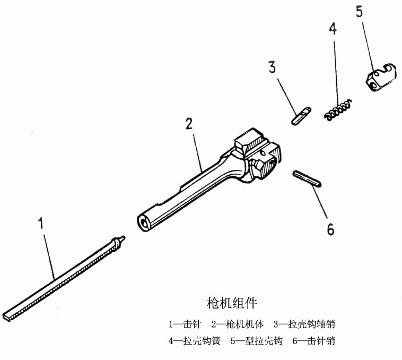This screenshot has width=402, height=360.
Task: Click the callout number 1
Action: coord(40,222)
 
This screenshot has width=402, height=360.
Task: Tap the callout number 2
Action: coord(188,124)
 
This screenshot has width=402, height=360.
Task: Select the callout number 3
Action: coord(272,68)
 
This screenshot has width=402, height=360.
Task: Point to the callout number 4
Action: coord(333,29)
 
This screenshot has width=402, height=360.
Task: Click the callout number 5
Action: coord(359,12)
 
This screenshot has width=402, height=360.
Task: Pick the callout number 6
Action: coord(330,229)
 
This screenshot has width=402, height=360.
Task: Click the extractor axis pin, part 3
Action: coord(300,115)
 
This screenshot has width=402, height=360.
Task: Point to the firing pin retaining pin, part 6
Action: coord(307,178)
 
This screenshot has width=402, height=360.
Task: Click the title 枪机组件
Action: coord(232,303)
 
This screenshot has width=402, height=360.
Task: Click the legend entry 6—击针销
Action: coord(313,341)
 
